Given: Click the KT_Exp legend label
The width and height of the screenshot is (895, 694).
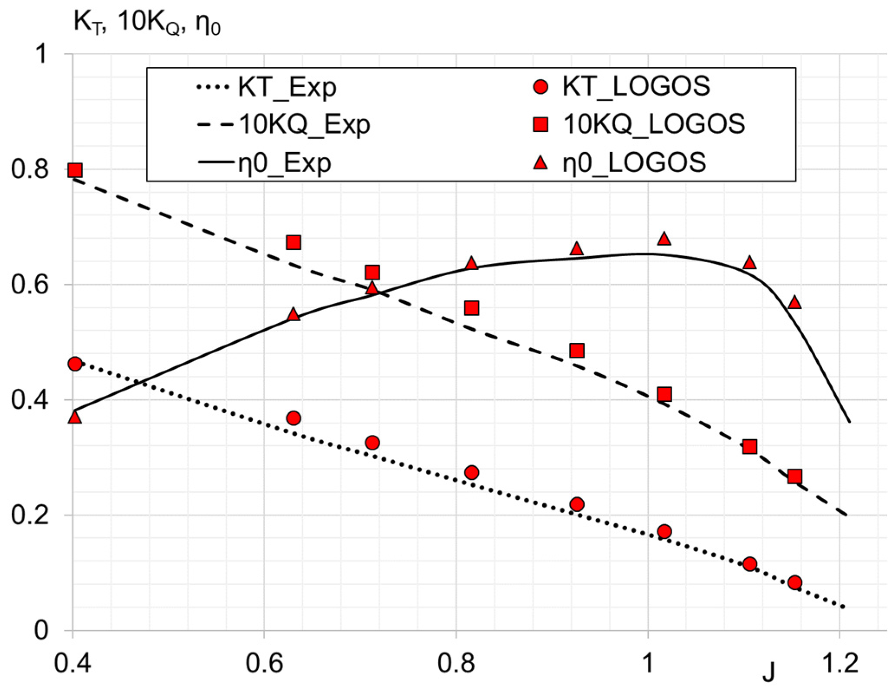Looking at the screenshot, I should (x=287, y=87).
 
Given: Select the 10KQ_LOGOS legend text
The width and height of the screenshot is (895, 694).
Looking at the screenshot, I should (x=654, y=124).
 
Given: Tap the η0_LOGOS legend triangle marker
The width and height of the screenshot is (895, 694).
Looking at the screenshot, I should (x=540, y=163).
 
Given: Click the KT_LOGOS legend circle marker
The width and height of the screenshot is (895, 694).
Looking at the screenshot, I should (x=540, y=87).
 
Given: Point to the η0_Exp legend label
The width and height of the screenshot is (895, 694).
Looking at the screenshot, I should (x=284, y=163).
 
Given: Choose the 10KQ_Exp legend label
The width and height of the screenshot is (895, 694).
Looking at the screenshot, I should (x=305, y=125).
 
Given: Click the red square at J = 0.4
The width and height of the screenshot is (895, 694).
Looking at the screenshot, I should (x=75, y=170).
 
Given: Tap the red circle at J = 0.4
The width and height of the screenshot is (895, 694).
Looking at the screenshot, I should (x=75, y=364).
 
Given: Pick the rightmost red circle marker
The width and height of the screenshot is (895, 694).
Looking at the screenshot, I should (x=794, y=583).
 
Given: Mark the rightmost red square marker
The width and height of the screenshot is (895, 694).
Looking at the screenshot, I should (x=794, y=477).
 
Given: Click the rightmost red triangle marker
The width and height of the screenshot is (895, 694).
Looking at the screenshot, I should (x=794, y=303).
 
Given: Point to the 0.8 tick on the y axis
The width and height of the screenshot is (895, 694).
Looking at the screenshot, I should (x=29, y=169).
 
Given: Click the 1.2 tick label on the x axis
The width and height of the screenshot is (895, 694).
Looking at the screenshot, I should (x=840, y=663).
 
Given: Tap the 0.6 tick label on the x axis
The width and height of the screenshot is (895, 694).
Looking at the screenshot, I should (x=264, y=663).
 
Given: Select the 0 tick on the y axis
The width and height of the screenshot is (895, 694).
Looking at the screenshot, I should (x=41, y=631).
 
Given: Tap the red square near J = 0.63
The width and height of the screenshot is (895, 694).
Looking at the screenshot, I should (x=294, y=242).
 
